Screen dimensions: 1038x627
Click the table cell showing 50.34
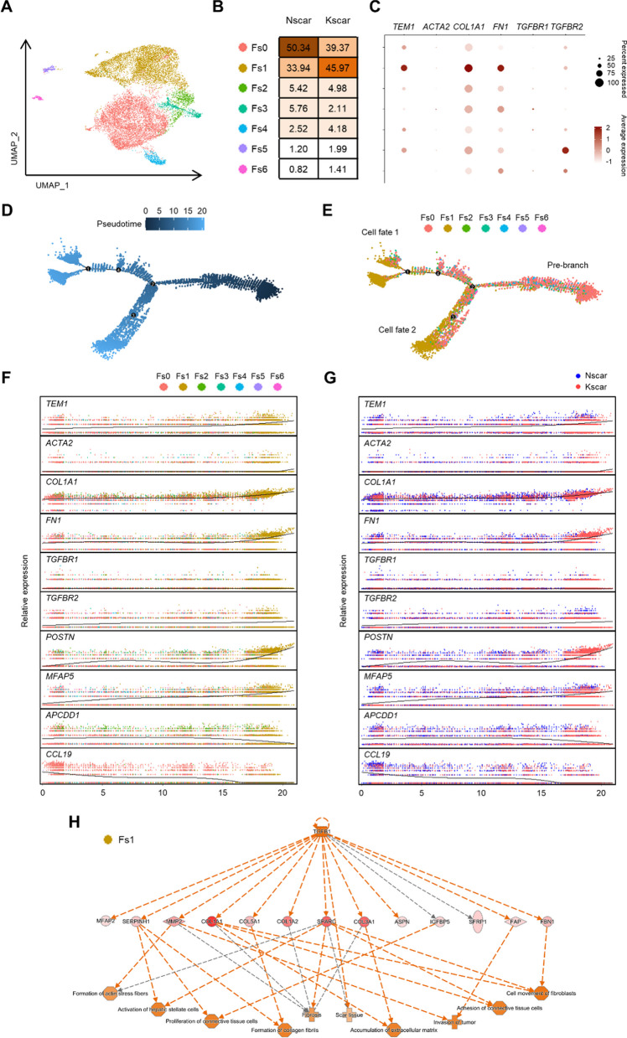[x=294, y=50]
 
